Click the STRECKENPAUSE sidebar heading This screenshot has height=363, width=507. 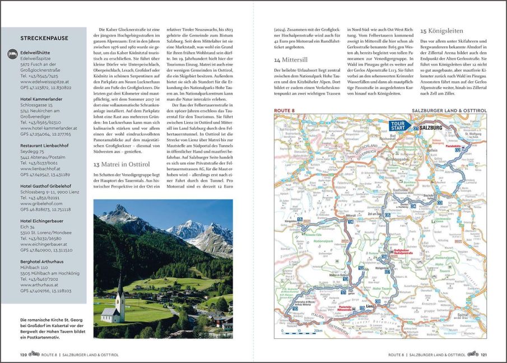44,39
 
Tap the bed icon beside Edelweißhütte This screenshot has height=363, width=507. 11,53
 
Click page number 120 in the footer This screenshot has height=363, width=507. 24,355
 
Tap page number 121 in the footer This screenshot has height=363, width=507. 483,355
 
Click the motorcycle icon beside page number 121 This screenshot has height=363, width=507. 472,354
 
